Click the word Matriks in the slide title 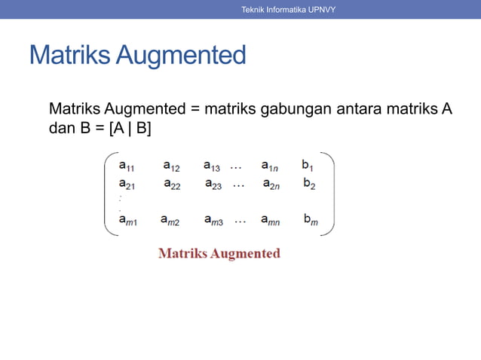click(x=68, y=55)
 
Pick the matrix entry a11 click(x=127, y=166)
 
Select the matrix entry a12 click(x=171, y=166)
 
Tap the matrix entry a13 click(x=212, y=166)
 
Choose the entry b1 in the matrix click(x=308, y=165)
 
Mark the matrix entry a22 click(x=172, y=184)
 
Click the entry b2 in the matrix click(x=309, y=183)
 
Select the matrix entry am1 click(x=127, y=221)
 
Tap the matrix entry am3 click(x=213, y=221)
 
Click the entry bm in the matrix click(x=311, y=220)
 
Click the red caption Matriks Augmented click(x=219, y=253)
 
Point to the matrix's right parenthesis click(x=329, y=194)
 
